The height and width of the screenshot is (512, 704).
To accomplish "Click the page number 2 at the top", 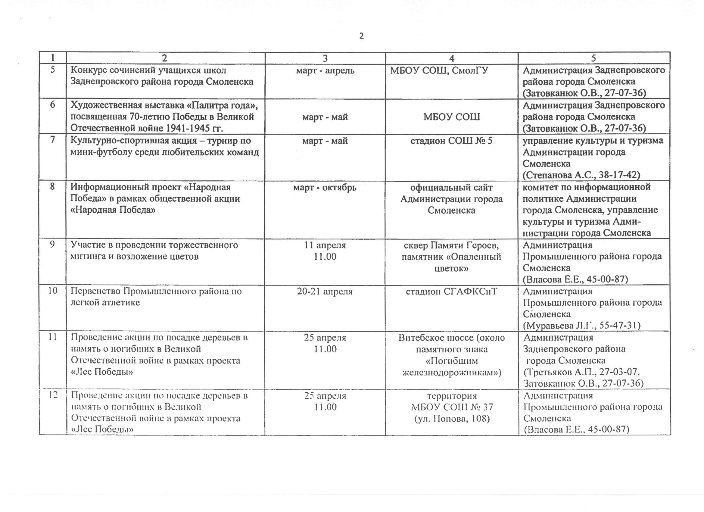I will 361,36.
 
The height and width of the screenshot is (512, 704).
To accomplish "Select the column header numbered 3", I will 325,58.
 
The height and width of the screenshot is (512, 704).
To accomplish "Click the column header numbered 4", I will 452,58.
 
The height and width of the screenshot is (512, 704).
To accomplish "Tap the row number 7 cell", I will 52,140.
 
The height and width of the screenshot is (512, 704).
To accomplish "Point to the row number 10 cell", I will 52,291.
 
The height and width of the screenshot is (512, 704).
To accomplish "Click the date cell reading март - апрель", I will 325,70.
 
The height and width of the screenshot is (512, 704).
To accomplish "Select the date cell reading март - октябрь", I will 325,188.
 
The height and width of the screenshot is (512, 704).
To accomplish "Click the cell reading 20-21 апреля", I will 325,292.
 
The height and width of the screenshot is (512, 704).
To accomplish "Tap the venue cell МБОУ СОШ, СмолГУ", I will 439,70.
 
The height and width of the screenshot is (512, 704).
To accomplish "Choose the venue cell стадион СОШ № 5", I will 451,141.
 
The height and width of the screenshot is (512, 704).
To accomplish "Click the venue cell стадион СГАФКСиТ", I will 451,292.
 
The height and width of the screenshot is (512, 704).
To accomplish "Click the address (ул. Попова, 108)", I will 452,419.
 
